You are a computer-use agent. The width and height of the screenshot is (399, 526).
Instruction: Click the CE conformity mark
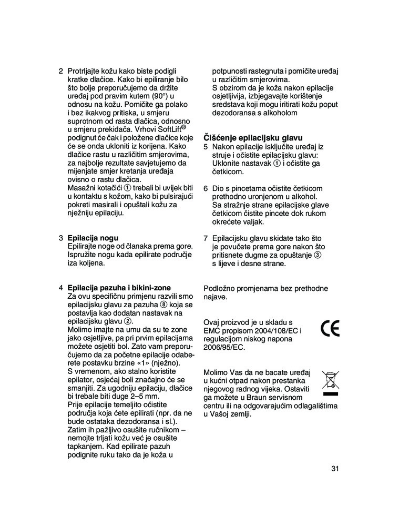(x=330, y=328)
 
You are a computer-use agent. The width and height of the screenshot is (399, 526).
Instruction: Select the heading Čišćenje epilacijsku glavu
(x=253, y=138)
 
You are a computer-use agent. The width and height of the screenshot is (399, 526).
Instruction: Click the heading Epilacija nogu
(x=93, y=238)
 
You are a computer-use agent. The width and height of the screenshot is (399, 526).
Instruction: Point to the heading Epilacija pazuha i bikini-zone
(x=119, y=288)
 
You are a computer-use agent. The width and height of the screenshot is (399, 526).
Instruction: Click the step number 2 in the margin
(x=60, y=71)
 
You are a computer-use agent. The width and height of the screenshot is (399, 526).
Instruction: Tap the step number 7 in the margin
(x=206, y=238)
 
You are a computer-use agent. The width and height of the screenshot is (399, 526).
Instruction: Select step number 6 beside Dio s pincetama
(x=206, y=188)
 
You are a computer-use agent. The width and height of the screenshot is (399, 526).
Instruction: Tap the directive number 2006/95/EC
(x=224, y=347)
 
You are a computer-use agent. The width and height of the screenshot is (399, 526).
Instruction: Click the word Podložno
(x=221, y=288)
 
